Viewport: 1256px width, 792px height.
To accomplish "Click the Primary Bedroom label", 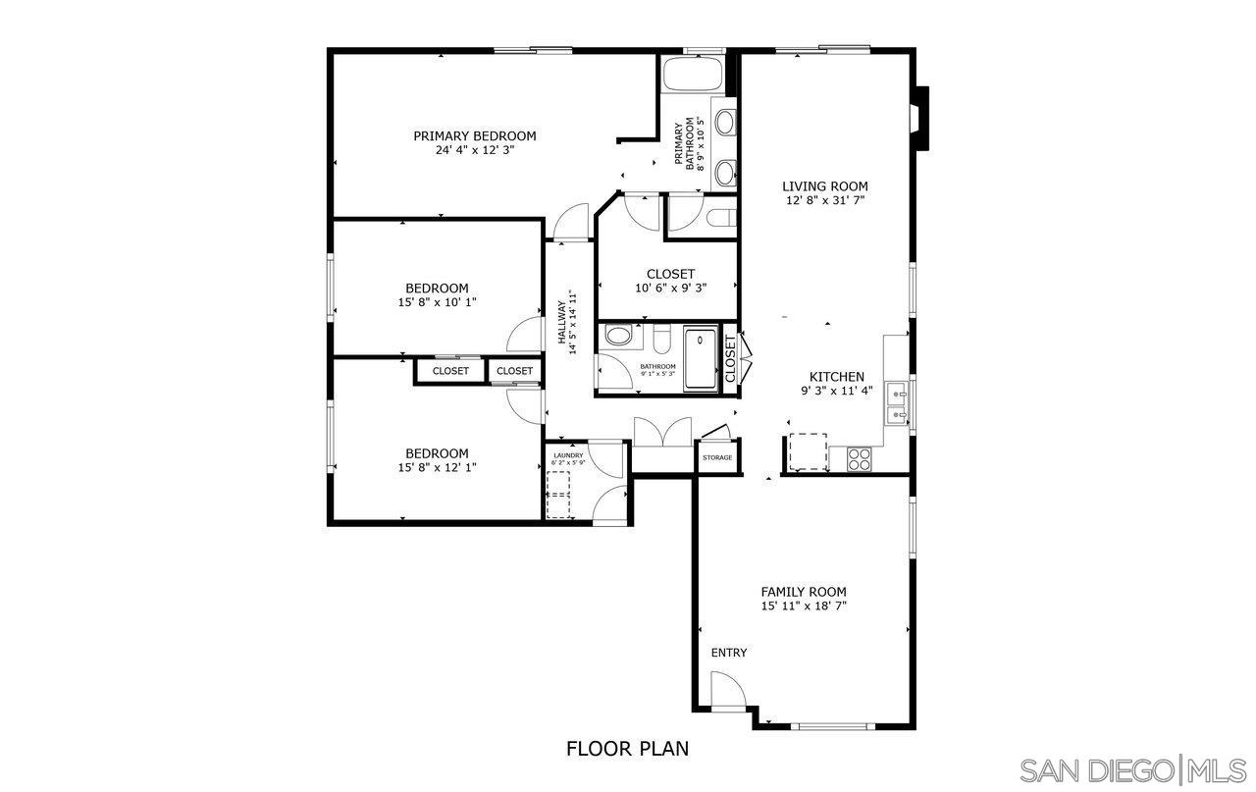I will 474,136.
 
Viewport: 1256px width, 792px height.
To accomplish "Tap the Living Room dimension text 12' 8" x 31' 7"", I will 824,200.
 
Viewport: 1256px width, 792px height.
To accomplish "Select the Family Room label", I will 803,592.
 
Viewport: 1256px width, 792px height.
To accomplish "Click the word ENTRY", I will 728,654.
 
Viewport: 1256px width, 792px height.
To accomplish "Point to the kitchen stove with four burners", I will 860,458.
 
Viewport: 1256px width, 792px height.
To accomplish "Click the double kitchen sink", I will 897,403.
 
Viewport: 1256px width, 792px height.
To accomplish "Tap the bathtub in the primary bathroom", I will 693,75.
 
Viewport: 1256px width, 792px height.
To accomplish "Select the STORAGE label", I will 716,458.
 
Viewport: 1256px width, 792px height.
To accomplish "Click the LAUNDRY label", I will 568,455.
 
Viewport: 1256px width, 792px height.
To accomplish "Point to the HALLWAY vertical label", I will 567,317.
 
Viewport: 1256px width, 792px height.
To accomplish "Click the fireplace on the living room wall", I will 918,118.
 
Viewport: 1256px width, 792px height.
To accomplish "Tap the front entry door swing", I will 727,689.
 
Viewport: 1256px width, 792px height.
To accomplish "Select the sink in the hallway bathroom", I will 618,337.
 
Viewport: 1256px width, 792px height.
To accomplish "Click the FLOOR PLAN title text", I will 627,749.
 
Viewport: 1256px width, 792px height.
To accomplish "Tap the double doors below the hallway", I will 651,433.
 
